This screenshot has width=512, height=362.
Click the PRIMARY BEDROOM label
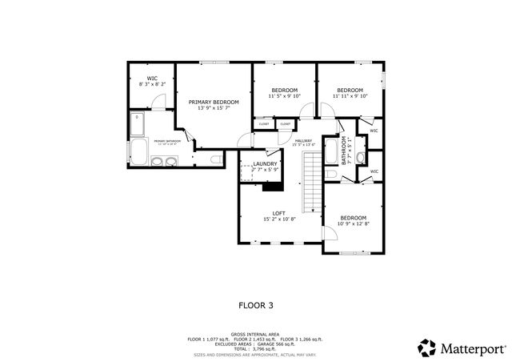(214, 103)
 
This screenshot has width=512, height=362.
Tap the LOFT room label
(279, 213)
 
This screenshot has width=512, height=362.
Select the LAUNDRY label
(265, 163)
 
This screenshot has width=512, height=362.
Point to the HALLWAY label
(303, 141)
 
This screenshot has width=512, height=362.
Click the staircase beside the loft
(310, 181)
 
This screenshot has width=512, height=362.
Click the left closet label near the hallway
(264, 124)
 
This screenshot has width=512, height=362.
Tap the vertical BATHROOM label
(345, 150)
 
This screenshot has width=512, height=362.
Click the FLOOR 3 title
(256, 304)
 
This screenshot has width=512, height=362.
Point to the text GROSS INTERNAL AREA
(255, 334)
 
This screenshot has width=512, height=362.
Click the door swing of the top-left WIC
(159, 103)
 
